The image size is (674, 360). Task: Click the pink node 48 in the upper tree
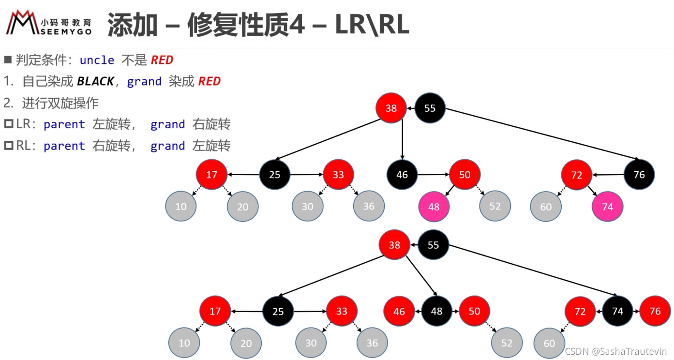pyautogui.click(x=434, y=207)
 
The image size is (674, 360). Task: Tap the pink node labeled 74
pyautogui.click(x=607, y=207)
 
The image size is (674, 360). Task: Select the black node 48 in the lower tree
pyautogui.click(x=436, y=311)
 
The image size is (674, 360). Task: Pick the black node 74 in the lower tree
pyautogui.click(x=618, y=311)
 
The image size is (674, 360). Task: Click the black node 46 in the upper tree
pyautogui.click(x=402, y=175)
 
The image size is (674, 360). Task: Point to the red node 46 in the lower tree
pyautogui.click(x=399, y=311)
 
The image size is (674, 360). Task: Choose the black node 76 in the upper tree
pyautogui.click(x=639, y=175)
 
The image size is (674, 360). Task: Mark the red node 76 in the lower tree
pyautogui.click(x=655, y=311)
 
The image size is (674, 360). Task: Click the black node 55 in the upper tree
pyautogui.click(x=430, y=108)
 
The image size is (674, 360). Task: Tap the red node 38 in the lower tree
pyautogui.click(x=394, y=245)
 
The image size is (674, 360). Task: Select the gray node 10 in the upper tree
pyautogui.click(x=181, y=207)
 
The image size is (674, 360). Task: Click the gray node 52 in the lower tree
pyautogui.click(x=507, y=343)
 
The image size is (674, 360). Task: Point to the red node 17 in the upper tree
pyautogui.click(x=211, y=175)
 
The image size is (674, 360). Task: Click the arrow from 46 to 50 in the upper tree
pyautogui.click(x=434, y=174)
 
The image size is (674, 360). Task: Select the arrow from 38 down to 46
pyautogui.click(x=402, y=139)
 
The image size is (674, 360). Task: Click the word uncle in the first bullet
pyautogui.click(x=97, y=60)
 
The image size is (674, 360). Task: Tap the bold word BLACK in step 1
pyautogui.click(x=95, y=81)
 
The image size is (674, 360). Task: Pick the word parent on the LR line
pyautogui.click(x=64, y=125)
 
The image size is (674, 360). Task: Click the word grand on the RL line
pyautogui.click(x=167, y=146)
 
